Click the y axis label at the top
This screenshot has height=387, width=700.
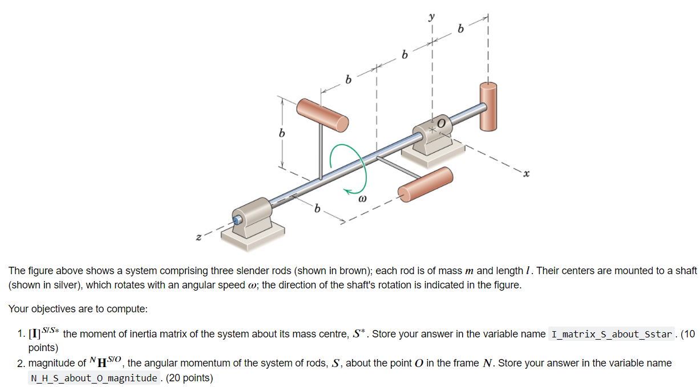click(x=431, y=18)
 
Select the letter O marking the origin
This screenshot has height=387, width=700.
click(x=441, y=121)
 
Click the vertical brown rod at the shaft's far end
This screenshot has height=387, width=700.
click(x=488, y=106)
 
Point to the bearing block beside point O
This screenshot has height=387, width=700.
click(x=432, y=140)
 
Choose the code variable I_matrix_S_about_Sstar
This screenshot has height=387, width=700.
click(x=612, y=334)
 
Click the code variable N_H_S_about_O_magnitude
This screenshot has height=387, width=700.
click(x=94, y=377)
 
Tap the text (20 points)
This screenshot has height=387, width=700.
click(x=189, y=377)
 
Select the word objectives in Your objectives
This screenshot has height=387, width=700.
click(x=52, y=309)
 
